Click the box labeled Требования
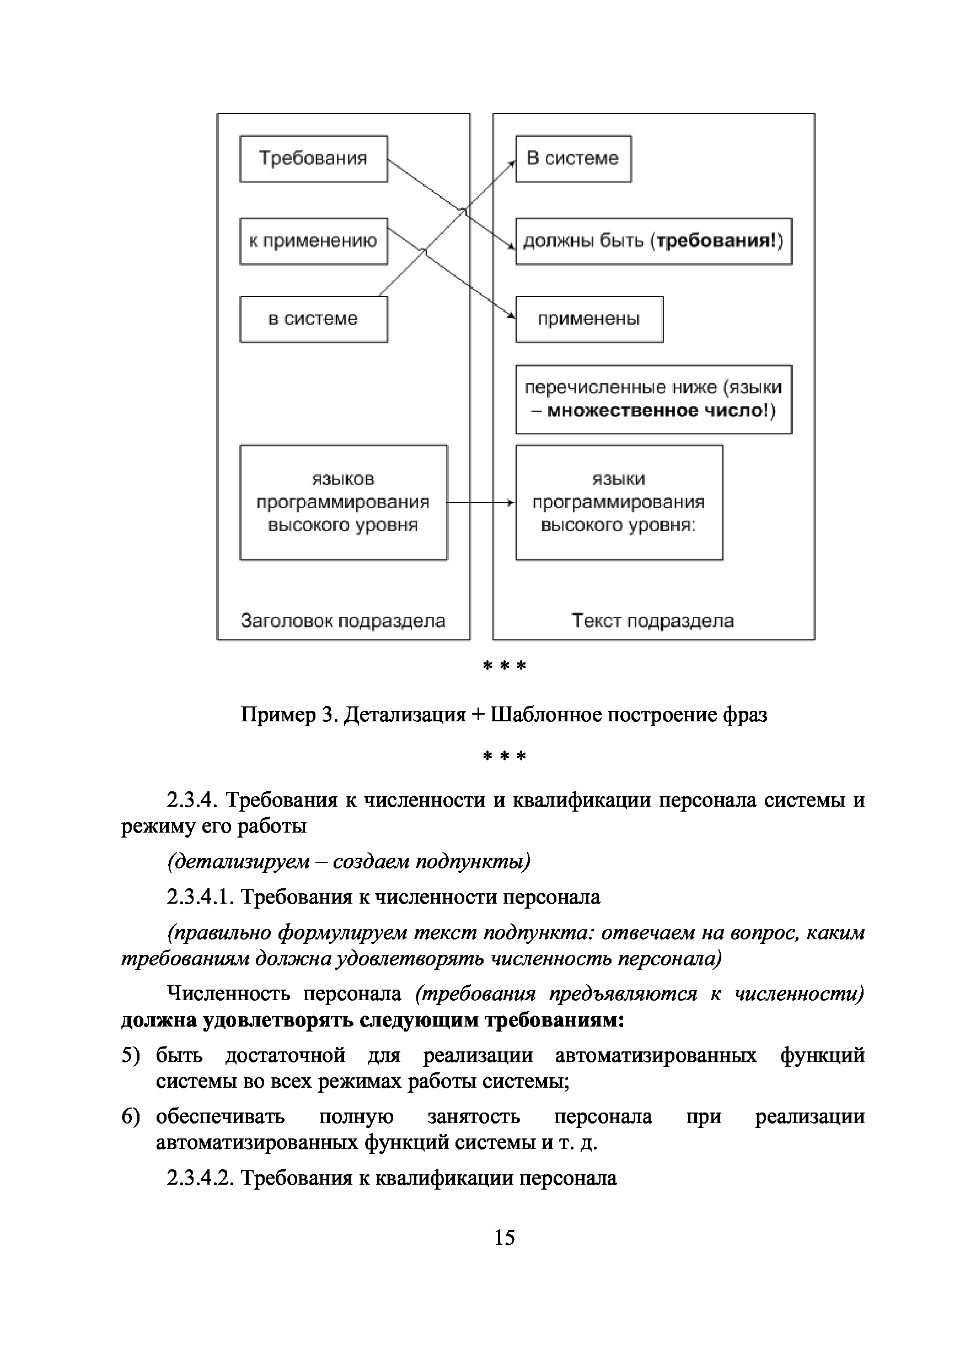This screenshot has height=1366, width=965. click(x=313, y=159)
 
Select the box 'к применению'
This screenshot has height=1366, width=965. click(x=313, y=241)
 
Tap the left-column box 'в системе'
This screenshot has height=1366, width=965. click(x=313, y=320)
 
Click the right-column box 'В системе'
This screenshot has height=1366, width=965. click(x=573, y=159)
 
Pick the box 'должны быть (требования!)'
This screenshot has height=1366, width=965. click(x=653, y=241)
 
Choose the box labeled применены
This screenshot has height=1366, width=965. click(x=589, y=320)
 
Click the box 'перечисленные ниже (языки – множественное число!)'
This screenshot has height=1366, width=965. click(x=653, y=399)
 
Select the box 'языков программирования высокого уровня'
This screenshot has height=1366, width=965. click(x=343, y=503)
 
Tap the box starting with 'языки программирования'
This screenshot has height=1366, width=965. click(x=619, y=503)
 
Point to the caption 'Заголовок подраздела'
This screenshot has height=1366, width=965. click(x=343, y=621)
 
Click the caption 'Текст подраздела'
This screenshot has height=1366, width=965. click(x=652, y=621)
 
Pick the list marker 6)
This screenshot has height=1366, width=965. click(x=130, y=1117)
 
